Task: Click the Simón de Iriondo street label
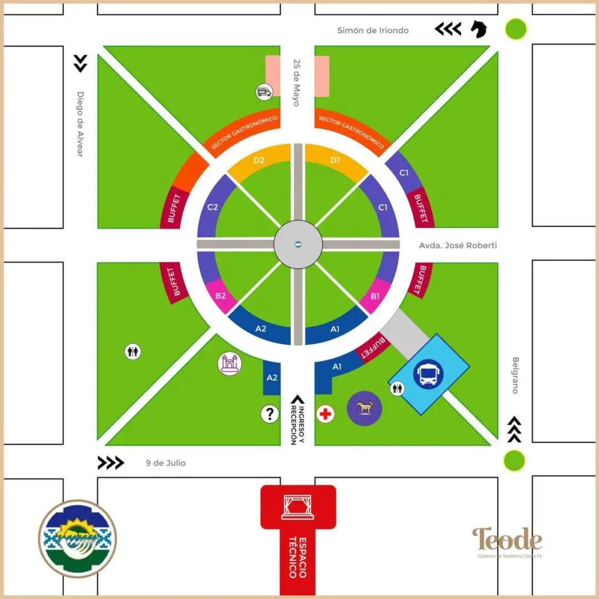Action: pos(373,31)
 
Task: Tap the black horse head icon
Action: pos(479,29)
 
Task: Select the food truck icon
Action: pos(265,92)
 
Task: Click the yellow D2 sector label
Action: pos(258,160)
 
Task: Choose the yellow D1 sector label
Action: pos(334,160)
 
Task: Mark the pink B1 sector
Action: pos(375,296)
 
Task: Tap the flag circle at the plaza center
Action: pos(298,245)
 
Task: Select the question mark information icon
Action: pos(270,414)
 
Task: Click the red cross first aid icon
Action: pos(326,414)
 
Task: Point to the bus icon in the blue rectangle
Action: pos(428,374)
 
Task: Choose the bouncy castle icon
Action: pos(230,364)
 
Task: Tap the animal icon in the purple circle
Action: pos(364,408)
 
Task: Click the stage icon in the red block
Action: pos(298,507)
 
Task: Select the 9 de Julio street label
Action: pos(166,463)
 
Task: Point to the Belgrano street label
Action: pos(515,375)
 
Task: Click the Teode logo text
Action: pos(507,540)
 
